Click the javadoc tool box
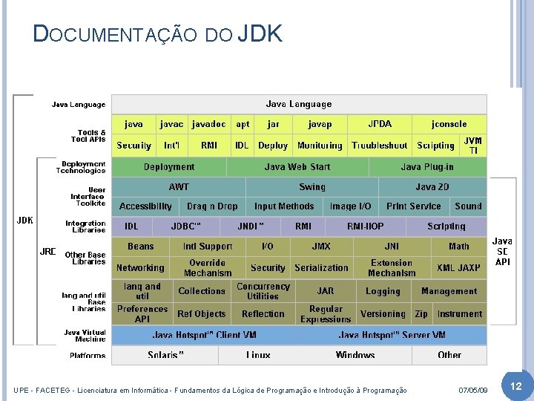click(x=208, y=125)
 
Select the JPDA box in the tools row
click(x=380, y=125)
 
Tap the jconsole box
click(x=449, y=125)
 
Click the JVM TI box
click(x=472, y=146)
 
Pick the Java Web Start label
click(x=297, y=167)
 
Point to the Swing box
click(x=311, y=187)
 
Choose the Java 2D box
click(x=432, y=187)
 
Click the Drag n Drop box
click(x=212, y=206)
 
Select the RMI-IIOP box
click(x=366, y=226)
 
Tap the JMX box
click(x=320, y=247)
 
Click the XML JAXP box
click(x=458, y=267)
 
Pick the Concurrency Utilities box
click(x=263, y=291)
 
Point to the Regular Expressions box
click(x=326, y=314)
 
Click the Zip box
click(x=421, y=314)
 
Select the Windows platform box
click(x=355, y=355)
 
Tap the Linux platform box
click(x=258, y=355)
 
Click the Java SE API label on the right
click(x=502, y=251)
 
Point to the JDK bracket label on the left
click(x=25, y=221)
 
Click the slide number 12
click(x=516, y=387)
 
